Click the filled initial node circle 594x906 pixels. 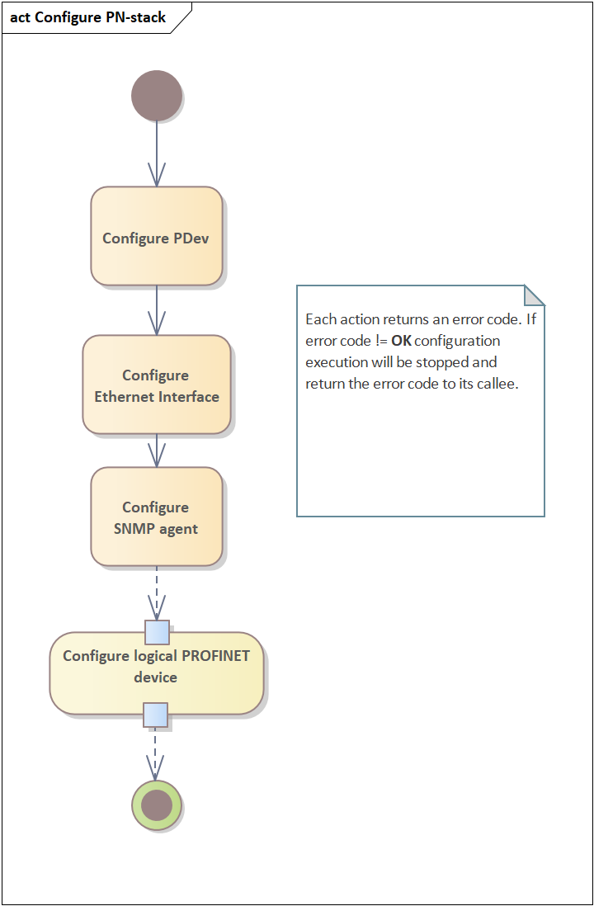coord(157,96)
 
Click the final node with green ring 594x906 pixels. coord(157,805)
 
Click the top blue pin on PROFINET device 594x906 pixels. coord(157,632)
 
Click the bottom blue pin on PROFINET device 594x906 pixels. coord(156,715)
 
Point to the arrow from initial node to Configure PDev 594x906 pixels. coord(157,153)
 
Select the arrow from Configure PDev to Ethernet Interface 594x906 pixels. coord(157,310)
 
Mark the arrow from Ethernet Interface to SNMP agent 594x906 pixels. coord(157,451)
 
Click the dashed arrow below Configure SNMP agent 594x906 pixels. coord(157,592)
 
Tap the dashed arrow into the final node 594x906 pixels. coord(156,753)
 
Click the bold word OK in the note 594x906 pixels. coord(400,341)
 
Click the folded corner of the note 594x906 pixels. coord(535,295)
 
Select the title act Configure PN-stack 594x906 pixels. coord(88,17)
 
